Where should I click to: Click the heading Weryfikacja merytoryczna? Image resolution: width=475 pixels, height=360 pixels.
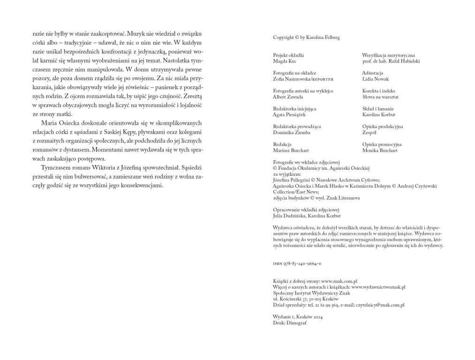(x=388, y=55)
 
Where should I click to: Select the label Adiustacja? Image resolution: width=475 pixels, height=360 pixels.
(x=372, y=73)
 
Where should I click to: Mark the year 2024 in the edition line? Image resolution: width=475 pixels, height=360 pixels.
(x=317, y=317)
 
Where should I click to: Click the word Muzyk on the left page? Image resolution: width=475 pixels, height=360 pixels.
(x=137, y=34)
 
